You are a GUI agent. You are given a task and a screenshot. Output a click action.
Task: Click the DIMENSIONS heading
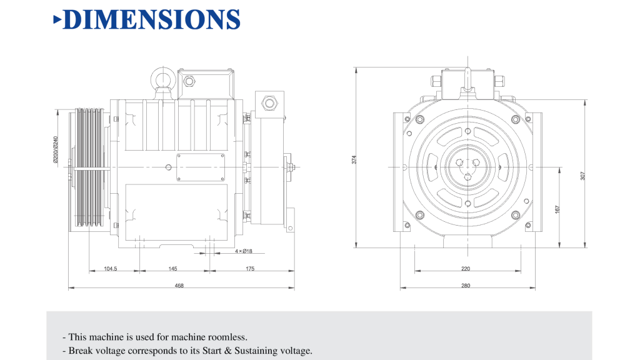(152, 19)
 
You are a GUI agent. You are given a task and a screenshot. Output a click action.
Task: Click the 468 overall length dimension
(179, 286)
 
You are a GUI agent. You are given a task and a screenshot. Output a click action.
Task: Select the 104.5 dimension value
(111, 269)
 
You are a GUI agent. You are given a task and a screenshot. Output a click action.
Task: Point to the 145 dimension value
(172, 269)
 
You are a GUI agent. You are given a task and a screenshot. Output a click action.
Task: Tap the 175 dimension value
(250, 269)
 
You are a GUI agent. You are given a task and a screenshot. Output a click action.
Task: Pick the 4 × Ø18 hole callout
(244, 251)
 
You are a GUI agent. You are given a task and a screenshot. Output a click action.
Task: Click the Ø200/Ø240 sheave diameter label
(56, 150)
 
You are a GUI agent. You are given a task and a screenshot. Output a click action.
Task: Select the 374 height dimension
(354, 159)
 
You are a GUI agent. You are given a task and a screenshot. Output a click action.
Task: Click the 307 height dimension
(582, 176)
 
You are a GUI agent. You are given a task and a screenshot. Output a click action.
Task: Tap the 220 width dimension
(466, 269)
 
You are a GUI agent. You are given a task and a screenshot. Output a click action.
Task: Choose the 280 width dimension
(466, 286)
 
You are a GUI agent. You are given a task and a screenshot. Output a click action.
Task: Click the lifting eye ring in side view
(159, 80)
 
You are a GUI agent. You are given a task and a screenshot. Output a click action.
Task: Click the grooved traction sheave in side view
(87, 169)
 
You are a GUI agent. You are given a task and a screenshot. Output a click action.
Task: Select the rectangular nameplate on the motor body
(201, 167)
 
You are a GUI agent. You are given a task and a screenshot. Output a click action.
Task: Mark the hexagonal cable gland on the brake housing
(270, 102)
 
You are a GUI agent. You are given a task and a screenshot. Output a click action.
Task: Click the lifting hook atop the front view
(466, 78)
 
